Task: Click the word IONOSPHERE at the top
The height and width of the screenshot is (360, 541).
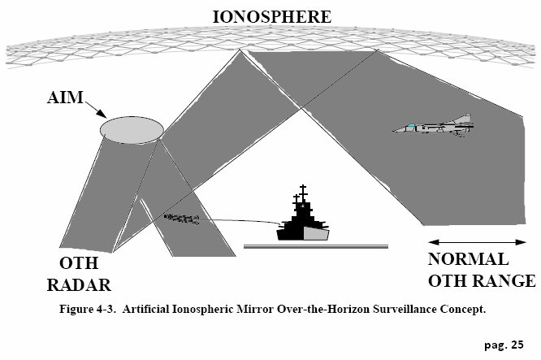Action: pyautogui.click(x=271, y=15)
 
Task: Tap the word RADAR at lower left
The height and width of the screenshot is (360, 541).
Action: pyautogui.click(x=78, y=285)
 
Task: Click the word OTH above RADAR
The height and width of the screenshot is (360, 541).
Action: pyautogui.click(x=78, y=265)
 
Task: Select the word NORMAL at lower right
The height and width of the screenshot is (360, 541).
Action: pyautogui.click(x=469, y=260)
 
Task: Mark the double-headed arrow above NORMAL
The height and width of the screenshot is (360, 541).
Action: pyautogui.click(x=477, y=241)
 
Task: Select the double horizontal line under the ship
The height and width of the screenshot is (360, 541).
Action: pyautogui.click(x=315, y=244)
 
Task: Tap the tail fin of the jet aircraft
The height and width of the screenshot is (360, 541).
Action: pyautogui.click(x=463, y=119)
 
